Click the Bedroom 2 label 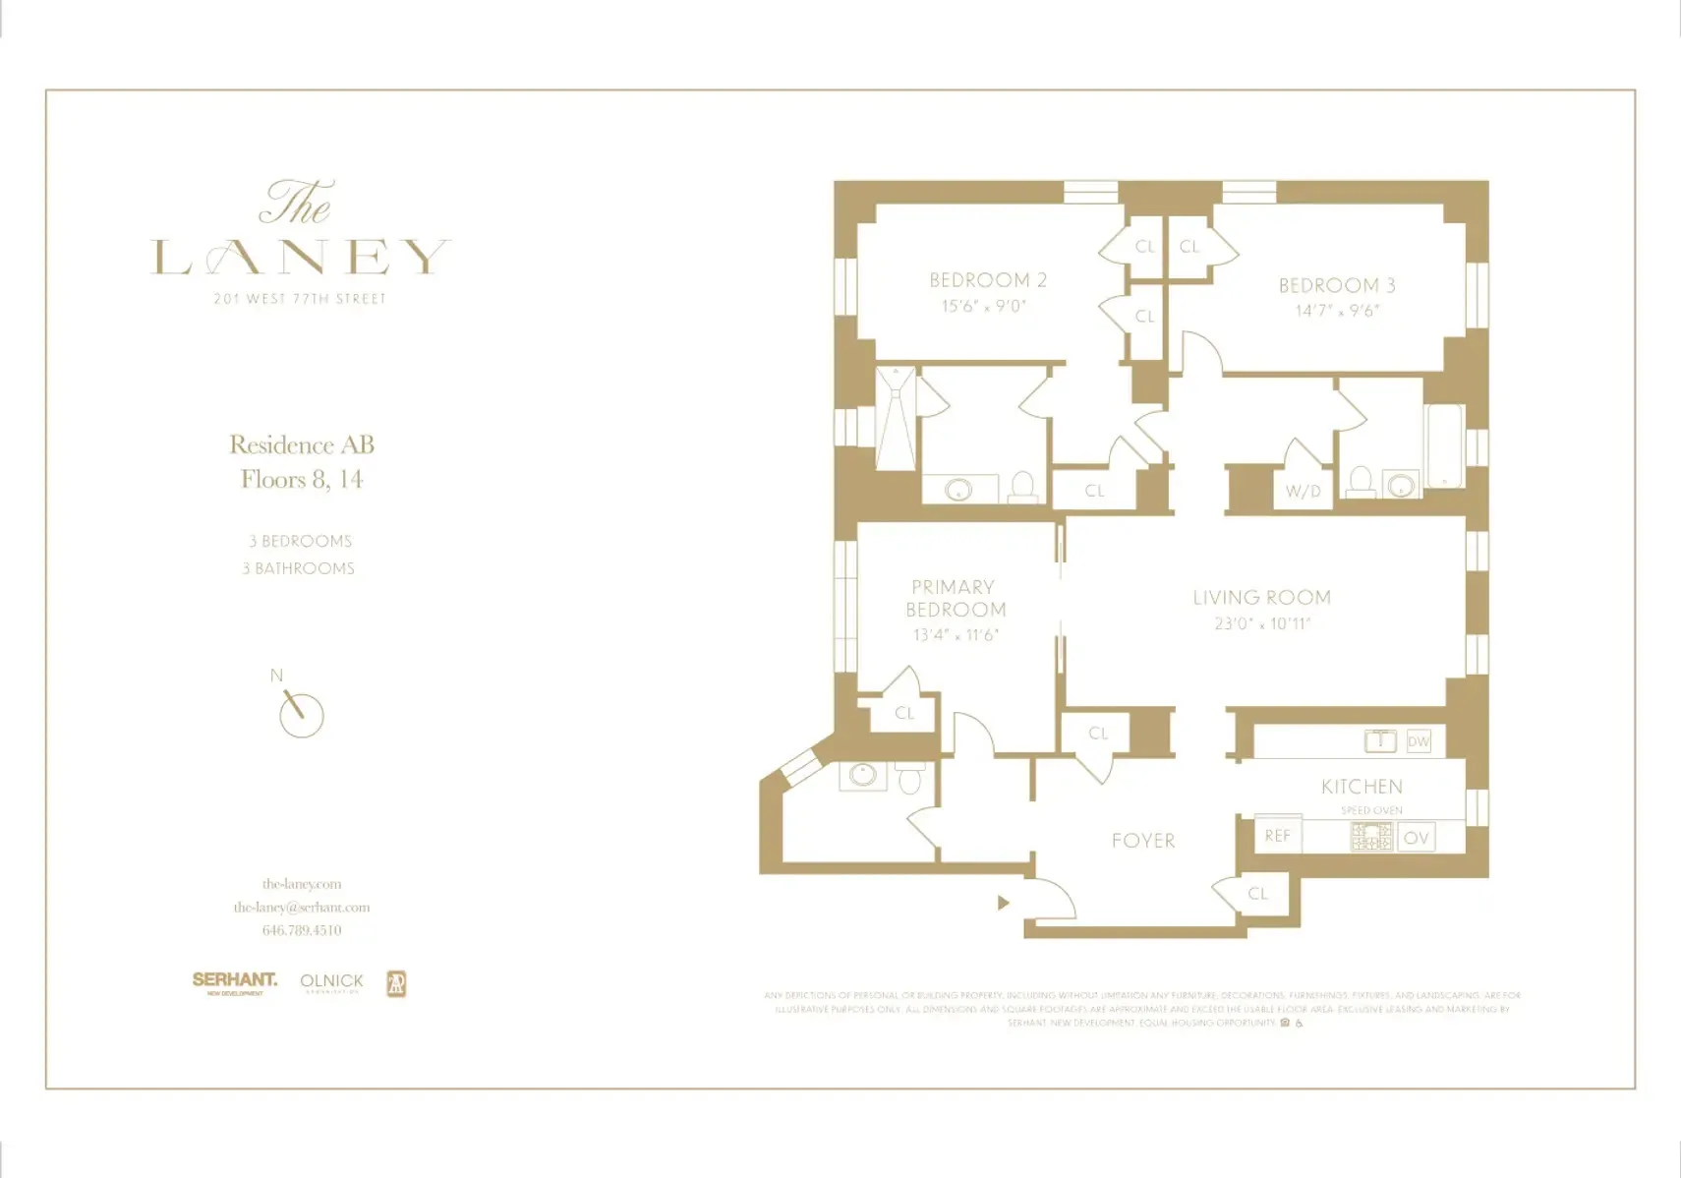tap(988, 280)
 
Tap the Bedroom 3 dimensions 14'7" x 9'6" tap(1337, 311)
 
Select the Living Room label tap(1261, 598)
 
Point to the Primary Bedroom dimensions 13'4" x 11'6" tap(956, 635)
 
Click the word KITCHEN tap(1362, 787)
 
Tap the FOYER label tap(1143, 841)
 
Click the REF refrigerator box tap(1278, 836)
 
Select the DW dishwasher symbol tap(1418, 741)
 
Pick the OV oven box tap(1416, 838)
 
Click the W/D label tap(1304, 492)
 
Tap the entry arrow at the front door tap(1003, 903)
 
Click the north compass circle tap(302, 715)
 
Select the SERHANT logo tap(234, 980)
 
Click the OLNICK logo tap(331, 981)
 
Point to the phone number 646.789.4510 tap(302, 930)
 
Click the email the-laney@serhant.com tap(302, 907)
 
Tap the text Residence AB tap(302, 444)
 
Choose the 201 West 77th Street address tap(300, 299)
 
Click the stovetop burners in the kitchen tap(1371, 837)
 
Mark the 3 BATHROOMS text tap(299, 568)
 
